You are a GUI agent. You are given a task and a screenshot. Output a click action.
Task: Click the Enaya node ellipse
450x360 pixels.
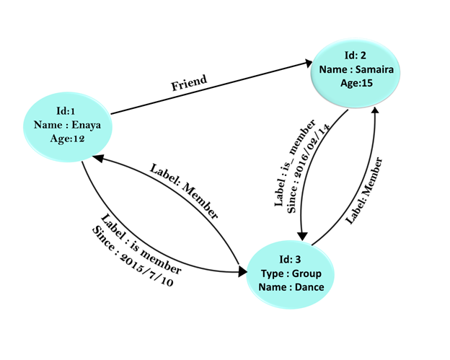(68, 127)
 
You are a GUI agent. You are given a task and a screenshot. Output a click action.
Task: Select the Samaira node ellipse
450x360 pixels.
(356, 74)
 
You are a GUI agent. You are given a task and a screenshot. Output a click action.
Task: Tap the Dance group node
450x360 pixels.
(291, 274)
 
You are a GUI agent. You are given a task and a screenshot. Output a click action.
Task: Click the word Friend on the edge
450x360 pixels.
(189, 83)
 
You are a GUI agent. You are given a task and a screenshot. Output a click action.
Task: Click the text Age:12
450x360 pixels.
(68, 139)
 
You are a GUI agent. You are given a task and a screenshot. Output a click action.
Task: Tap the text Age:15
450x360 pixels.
(356, 83)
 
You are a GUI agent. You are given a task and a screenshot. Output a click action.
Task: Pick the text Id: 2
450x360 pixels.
(356, 55)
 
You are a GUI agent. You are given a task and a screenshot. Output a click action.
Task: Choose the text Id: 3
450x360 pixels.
(290, 260)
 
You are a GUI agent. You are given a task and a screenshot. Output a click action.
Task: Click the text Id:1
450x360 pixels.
(66, 111)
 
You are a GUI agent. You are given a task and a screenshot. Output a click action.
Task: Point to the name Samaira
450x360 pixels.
(374, 69)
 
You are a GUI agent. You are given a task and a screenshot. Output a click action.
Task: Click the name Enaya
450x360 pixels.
(86, 125)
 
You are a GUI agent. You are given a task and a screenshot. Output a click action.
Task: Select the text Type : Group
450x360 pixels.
(291, 273)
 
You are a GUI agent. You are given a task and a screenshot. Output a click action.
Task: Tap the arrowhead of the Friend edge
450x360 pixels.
(309, 63)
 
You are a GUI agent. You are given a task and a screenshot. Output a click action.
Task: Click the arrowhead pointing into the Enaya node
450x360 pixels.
(97, 158)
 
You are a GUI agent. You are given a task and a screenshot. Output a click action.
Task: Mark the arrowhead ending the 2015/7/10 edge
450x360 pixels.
(243, 271)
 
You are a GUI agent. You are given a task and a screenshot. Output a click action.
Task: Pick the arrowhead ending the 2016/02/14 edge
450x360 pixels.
(302, 236)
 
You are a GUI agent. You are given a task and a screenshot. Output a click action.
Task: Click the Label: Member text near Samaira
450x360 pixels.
(364, 190)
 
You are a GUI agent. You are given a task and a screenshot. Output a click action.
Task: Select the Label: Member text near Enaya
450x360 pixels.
(184, 191)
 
